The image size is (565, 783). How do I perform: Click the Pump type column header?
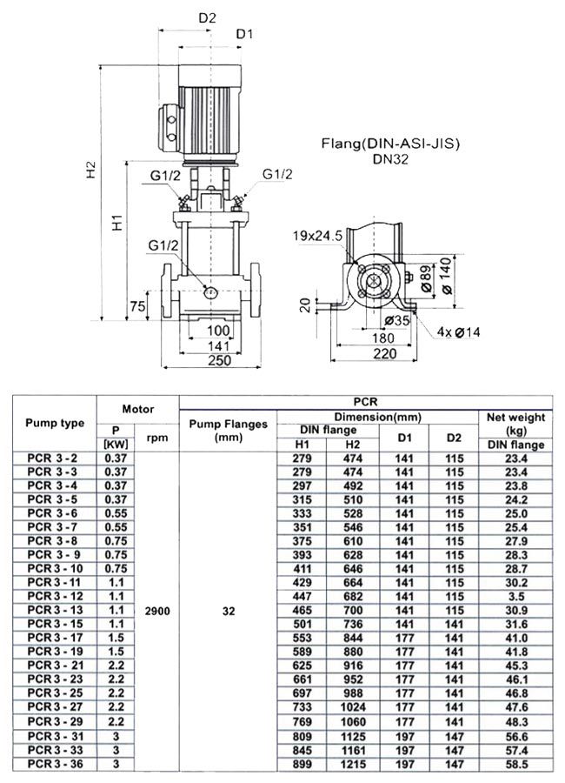coord(55,423)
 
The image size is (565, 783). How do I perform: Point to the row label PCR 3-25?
coord(55,693)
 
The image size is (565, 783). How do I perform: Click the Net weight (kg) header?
coord(515,424)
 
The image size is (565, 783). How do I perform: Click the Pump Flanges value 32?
coord(228,611)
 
